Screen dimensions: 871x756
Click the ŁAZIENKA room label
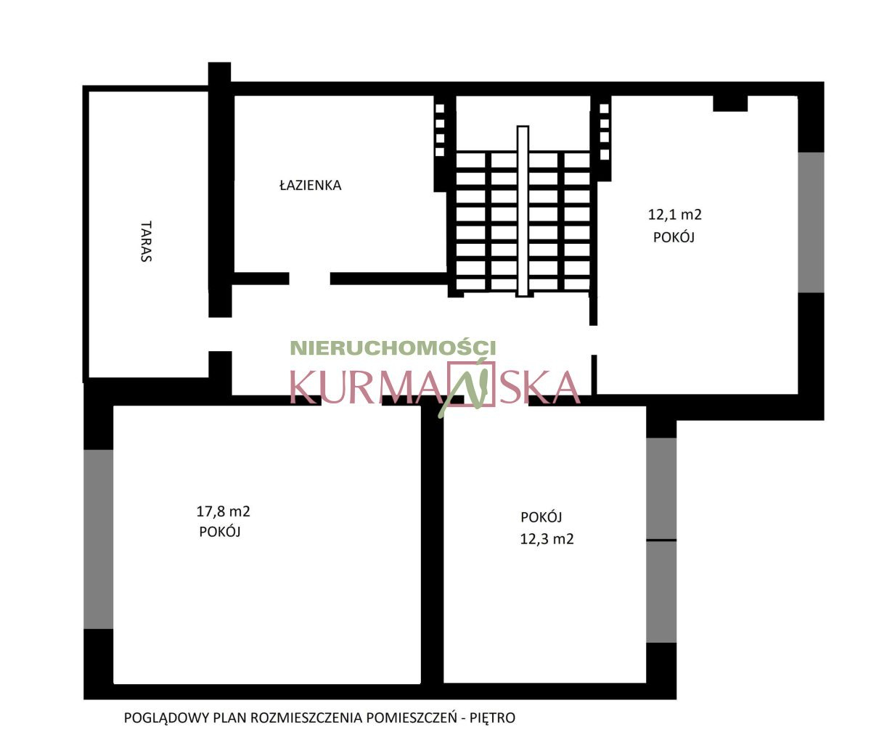[310, 186]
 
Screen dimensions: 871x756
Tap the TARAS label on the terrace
[146, 241]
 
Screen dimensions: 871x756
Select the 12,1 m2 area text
[675, 215]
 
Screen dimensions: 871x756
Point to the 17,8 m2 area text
[223, 511]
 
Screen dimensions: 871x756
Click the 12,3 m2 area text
[547, 540]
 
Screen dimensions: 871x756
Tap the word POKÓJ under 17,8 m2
[220, 531]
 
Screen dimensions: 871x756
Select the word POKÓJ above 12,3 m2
[541, 517]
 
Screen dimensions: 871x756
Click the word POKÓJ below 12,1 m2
[674, 237]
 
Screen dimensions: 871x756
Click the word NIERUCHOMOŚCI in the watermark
[393, 348]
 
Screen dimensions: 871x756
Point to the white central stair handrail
[523, 211]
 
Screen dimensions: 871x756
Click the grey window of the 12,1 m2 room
[811, 222]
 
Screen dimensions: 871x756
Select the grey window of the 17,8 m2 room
[98, 539]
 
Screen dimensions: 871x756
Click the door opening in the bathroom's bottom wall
[309, 279]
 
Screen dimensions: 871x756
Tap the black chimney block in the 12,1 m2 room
[730, 103]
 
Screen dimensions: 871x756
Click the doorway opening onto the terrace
[220, 334]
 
